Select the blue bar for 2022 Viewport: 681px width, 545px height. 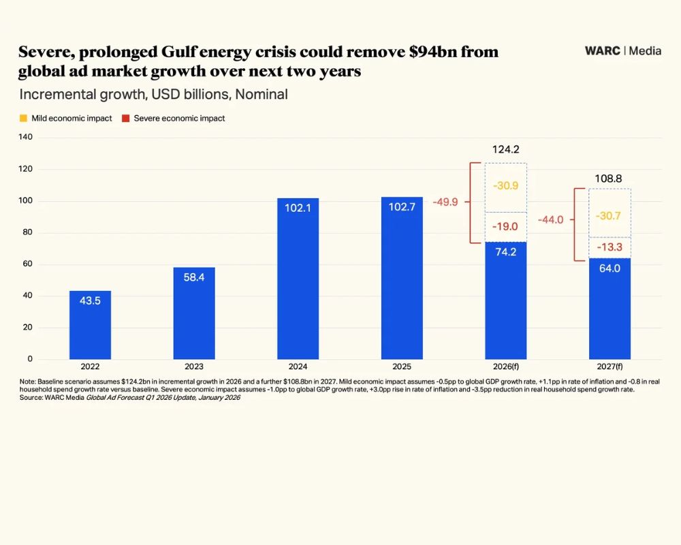click(x=90, y=325)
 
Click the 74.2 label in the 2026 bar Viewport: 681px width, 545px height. click(x=505, y=251)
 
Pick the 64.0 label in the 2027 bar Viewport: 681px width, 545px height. click(x=609, y=268)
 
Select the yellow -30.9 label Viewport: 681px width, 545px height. click(x=505, y=185)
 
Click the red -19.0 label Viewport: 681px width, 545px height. click(x=505, y=227)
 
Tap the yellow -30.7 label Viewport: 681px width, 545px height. click(x=609, y=216)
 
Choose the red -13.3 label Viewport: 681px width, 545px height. click(x=609, y=247)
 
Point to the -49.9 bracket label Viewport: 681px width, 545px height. click(x=447, y=202)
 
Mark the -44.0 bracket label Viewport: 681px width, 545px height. click(x=550, y=219)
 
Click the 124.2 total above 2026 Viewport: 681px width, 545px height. click(x=505, y=149)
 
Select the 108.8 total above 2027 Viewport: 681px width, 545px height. click(x=609, y=178)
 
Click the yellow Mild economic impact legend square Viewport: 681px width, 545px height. click(x=23, y=118)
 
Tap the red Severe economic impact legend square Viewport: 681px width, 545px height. click(x=125, y=118)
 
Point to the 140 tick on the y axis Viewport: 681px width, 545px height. click(x=25, y=138)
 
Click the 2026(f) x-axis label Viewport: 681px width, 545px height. click(x=505, y=367)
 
